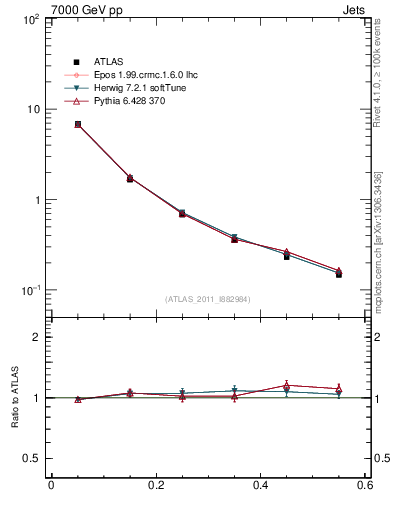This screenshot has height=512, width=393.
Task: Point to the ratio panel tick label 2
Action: tap(38, 337)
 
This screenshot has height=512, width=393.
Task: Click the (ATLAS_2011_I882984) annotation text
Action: tap(208, 299)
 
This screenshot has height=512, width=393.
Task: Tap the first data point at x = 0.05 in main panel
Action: tap(78, 124)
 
